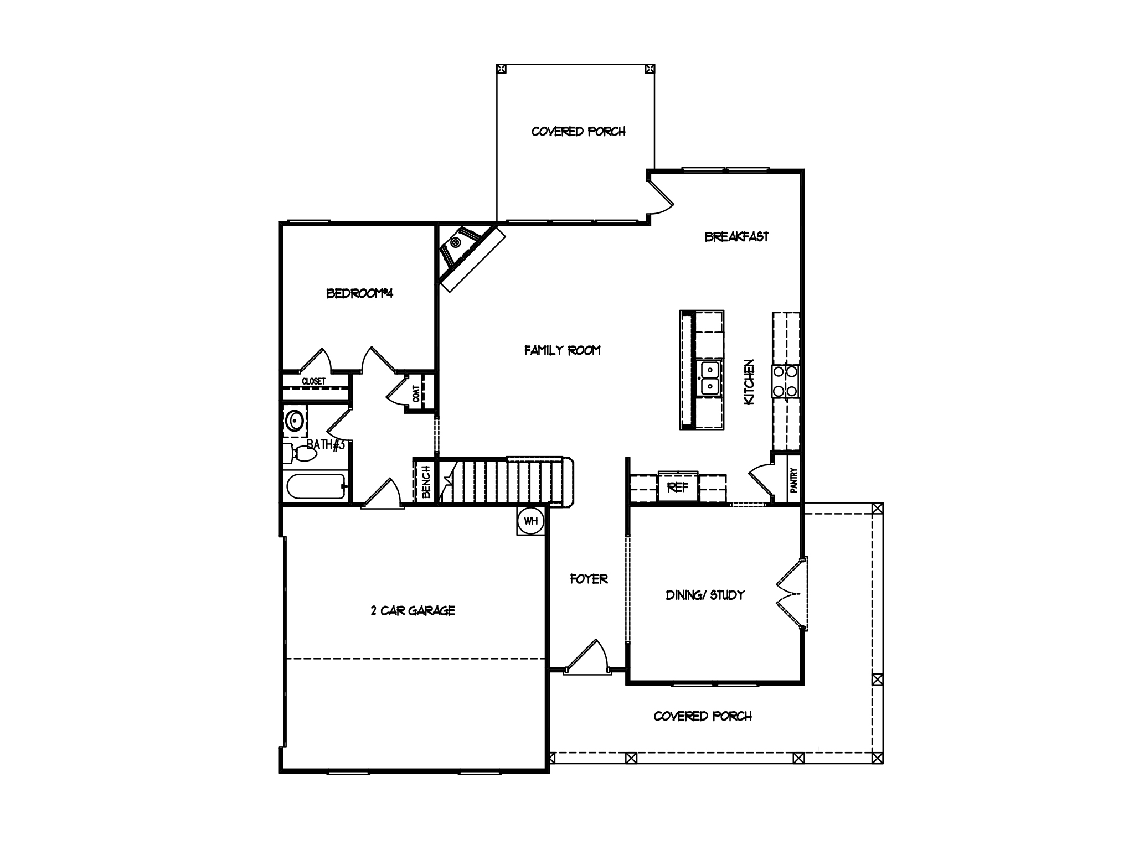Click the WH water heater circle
tap(530, 521)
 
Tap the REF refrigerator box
tap(678, 488)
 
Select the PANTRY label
tap(793, 480)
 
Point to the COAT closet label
tap(415, 393)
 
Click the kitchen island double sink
tap(709, 378)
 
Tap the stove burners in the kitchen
tap(786, 381)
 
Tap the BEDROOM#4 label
tap(359, 293)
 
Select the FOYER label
tap(589, 579)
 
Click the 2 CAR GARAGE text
tap(413, 610)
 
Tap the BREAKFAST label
tap(736, 237)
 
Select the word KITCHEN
tap(749, 382)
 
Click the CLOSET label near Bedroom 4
tap(313, 381)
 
